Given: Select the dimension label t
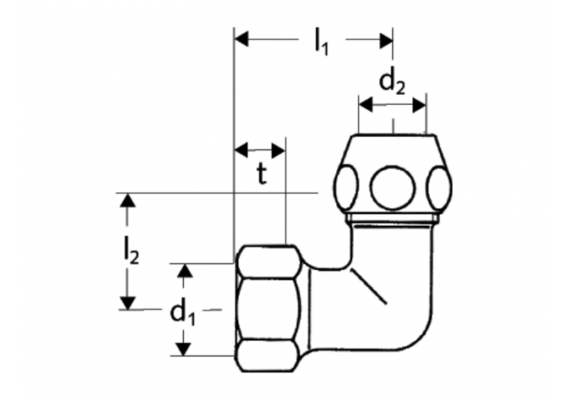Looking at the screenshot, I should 261,175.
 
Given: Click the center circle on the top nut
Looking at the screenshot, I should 392,187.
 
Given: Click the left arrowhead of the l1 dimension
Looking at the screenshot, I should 241,37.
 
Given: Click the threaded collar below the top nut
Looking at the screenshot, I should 392,221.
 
